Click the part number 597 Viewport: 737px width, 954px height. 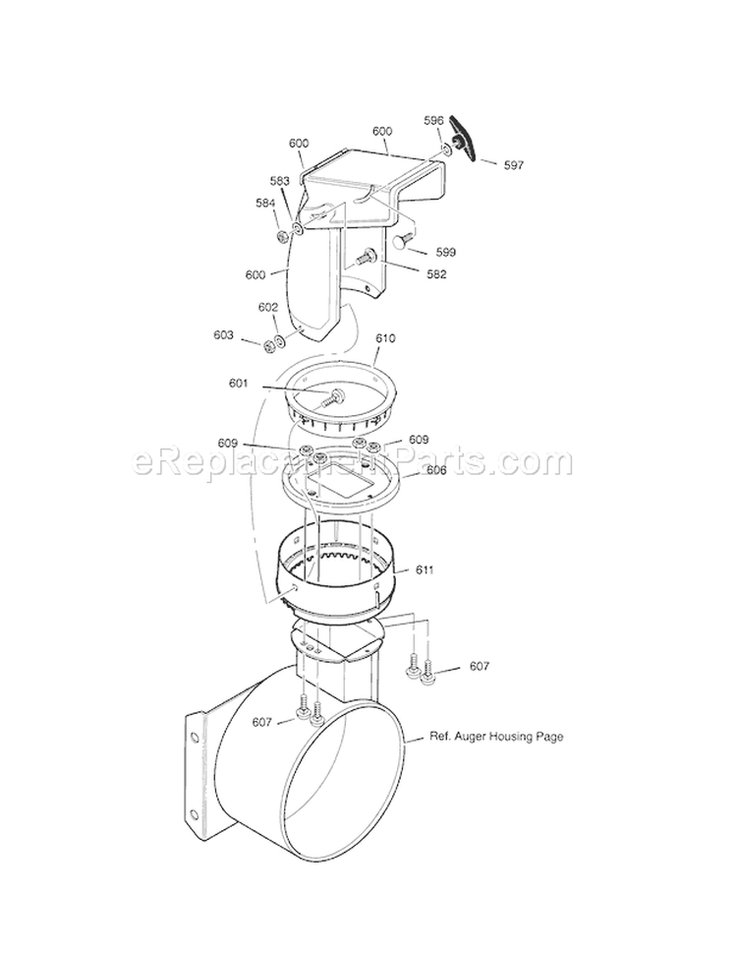514,165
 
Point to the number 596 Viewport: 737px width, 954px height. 434,121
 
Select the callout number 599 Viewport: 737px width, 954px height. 445,252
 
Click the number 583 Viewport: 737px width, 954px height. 280,181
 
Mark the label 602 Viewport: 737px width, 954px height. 268,307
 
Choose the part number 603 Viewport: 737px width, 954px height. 223,335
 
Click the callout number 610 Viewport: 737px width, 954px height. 385,338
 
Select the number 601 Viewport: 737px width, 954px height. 240,384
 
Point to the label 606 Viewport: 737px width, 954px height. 437,471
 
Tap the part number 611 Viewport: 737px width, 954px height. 425,569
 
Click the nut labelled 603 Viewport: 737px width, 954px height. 266,344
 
